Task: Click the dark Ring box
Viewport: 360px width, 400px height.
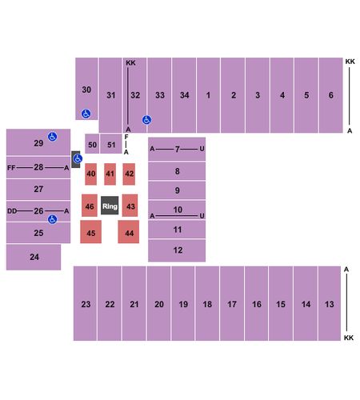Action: tap(110, 206)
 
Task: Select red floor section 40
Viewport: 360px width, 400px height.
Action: tap(91, 174)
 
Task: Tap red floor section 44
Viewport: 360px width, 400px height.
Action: tap(129, 232)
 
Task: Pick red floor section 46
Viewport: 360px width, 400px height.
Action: tap(90, 206)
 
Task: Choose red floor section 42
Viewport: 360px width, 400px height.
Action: tap(129, 174)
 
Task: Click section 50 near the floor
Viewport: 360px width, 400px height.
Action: tap(92, 144)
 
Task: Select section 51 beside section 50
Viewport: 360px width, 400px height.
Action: tap(111, 144)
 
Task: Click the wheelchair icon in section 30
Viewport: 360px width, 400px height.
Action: tap(86, 114)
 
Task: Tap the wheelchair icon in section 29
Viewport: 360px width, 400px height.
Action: tap(53, 137)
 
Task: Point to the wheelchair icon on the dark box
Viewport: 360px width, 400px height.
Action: tap(78, 158)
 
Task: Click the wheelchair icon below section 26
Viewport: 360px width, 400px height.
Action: tap(53, 219)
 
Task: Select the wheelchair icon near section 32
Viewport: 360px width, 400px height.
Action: tap(146, 120)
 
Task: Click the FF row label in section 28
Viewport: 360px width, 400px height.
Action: tap(11, 168)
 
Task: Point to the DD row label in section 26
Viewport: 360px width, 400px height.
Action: tap(12, 211)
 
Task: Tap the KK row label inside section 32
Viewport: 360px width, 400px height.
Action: tap(130, 62)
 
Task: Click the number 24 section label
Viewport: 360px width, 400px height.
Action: tap(34, 257)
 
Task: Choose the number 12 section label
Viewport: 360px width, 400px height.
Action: tap(178, 250)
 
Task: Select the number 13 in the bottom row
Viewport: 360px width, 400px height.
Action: tap(330, 304)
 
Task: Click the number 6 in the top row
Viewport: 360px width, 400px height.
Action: tap(331, 95)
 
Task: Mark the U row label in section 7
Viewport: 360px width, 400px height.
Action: tap(202, 149)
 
